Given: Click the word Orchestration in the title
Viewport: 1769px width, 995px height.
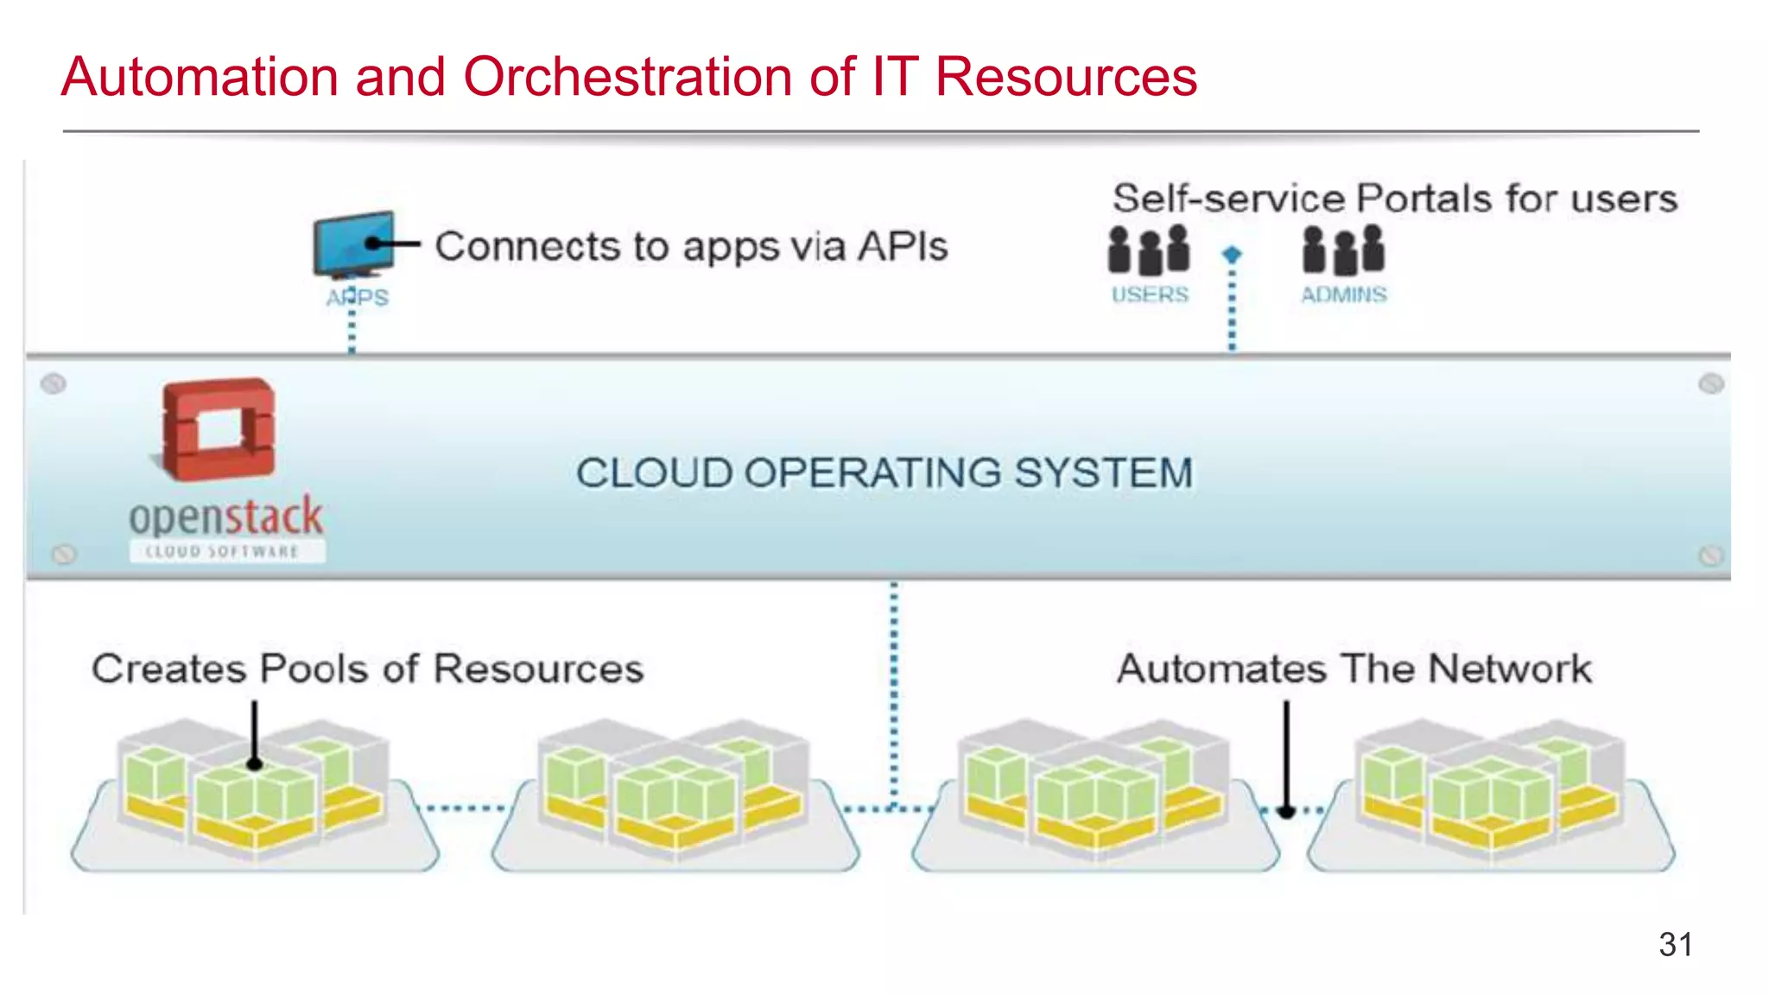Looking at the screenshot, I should pyautogui.click(x=628, y=77).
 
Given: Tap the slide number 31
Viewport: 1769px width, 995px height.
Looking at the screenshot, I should pyautogui.click(x=1675, y=944).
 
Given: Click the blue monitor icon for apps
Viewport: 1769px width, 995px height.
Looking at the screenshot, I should pyautogui.click(x=353, y=244).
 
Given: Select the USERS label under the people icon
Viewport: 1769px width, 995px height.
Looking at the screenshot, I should pyautogui.click(x=1150, y=295).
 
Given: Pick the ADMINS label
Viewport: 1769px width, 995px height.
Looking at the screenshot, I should pyautogui.click(x=1344, y=295).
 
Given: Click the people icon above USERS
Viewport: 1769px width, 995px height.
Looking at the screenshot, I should pyautogui.click(x=1149, y=250).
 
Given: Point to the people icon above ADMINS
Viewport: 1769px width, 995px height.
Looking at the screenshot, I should pyautogui.click(x=1344, y=250).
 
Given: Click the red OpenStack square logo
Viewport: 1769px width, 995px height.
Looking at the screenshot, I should pyautogui.click(x=219, y=428).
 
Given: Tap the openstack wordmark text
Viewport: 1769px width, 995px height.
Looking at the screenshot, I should pyautogui.click(x=225, y=517).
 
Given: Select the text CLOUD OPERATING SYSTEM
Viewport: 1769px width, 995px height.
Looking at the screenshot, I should pyautogui.click(x=884, y=473).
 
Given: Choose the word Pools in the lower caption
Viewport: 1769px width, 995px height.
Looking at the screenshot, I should pyautogui.click(x=314, y=669).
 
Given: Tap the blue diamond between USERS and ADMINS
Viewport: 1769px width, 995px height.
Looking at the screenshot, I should pyautogui.click(x=1232, y=255).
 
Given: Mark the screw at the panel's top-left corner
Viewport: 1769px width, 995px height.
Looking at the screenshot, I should pyautogui.click(x=54, y=383).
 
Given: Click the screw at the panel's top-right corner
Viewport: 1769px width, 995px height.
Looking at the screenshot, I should pyautogui.click(x=1711, y=383).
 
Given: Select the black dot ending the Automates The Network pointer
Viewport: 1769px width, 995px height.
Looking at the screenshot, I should pyautogui.click(x=1286, y=811).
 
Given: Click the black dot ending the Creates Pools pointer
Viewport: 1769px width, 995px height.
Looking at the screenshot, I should pyautogui.click(x=255, y=764).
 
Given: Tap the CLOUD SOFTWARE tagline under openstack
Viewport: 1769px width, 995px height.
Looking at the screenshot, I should pyautogui.click(x=223, y=552).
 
